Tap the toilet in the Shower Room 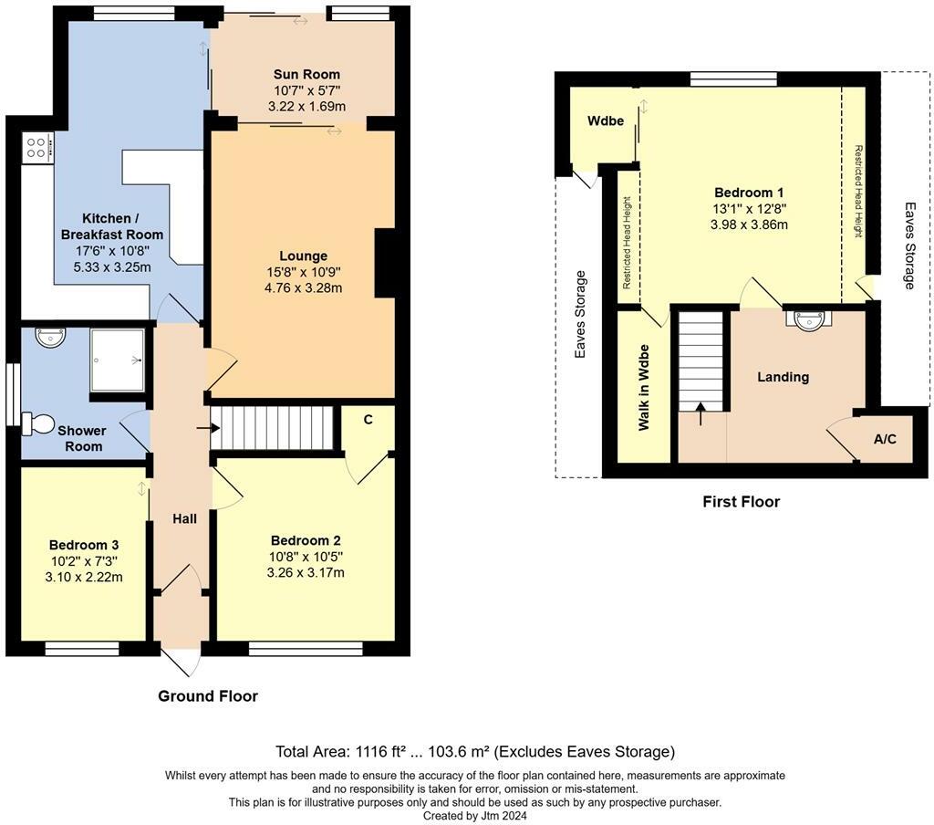click(38, 423)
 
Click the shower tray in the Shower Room click(118, 360)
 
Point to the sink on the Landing click(808, 320)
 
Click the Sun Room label click(306, 75)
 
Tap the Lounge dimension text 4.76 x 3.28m click(303, 288)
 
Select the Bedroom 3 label click(84, 545)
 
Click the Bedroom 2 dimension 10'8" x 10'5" click(306, 557)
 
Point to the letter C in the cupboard click(368, 420)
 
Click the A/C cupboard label click(885, 439)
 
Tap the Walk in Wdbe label click(644, 388)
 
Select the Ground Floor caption click(208, 696)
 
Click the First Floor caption click(741, 502)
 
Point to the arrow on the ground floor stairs click(208, 428)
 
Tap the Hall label click(184, 519)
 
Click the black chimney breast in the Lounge click(384, 263)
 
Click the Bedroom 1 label click(749, 193)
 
